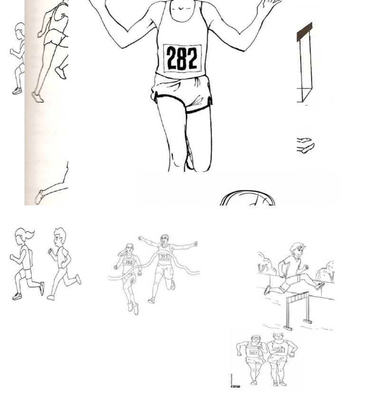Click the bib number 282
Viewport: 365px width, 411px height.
[182, 59]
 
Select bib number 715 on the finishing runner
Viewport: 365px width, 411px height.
[164, 257]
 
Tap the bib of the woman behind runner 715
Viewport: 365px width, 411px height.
[128, 262]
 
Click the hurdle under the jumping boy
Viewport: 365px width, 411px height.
[298, 308]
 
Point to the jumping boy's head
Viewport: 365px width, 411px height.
[298, 249]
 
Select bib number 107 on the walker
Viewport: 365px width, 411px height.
[254, 353]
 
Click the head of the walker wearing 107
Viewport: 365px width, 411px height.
[255, 339]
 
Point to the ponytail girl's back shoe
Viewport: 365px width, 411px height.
[17, 296]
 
